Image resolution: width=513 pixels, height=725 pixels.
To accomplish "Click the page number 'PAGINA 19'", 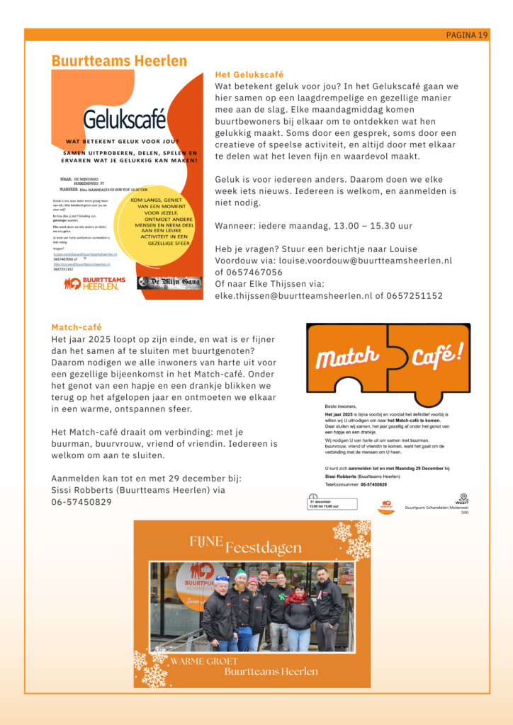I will point(467,35).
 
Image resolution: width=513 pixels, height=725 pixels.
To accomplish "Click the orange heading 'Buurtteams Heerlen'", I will point(119,62).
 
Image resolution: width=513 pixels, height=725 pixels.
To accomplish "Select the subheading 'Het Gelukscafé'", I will point(249,74).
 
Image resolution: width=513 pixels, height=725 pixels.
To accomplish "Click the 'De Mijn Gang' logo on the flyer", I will point(169,283).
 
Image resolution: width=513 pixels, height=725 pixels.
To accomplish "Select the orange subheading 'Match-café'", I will point(77,327).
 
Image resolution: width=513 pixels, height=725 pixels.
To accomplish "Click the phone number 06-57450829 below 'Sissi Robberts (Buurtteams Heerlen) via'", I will point(81,501).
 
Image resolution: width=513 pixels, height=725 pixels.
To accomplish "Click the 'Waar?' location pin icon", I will point(463,497).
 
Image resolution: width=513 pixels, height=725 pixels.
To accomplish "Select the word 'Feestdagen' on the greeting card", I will point(264,547).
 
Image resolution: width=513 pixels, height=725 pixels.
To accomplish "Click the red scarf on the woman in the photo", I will point(298,597).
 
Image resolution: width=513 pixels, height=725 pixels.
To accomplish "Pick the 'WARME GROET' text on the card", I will point(204,661).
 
